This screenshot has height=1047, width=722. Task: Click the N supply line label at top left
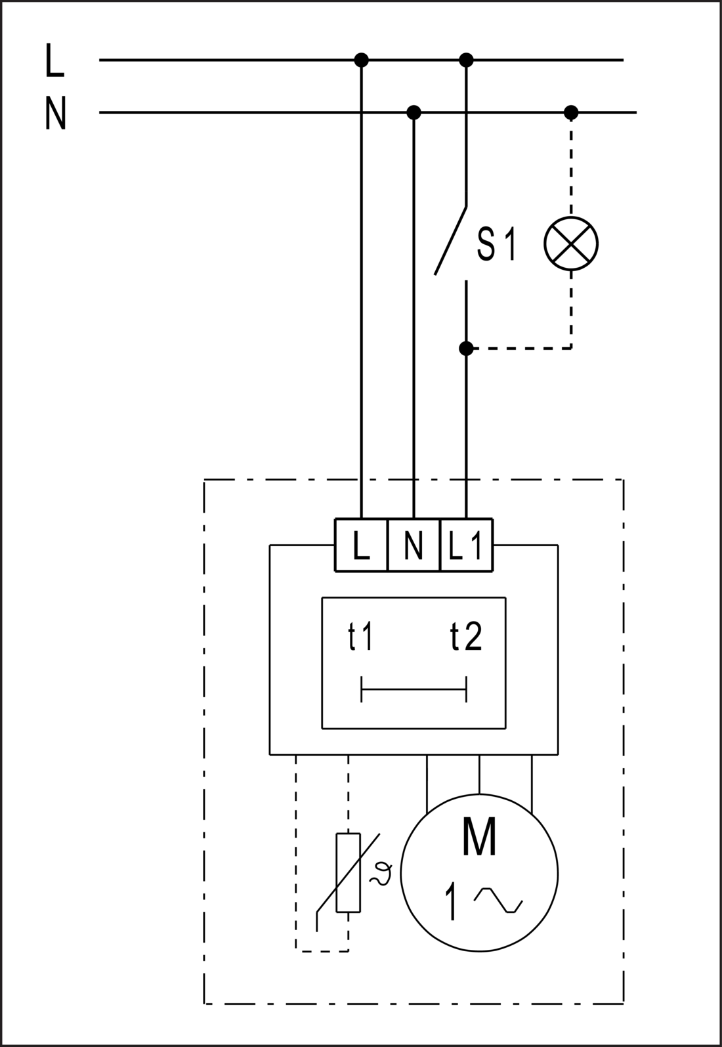click(x=56, y=113)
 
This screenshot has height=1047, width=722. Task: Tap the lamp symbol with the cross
click(x=571, y=243)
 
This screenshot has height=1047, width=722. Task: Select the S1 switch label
click(x=497, y=244)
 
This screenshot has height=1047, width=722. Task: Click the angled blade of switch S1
click(x=450, y=240)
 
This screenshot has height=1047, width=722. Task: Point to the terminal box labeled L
click(x=361, y=545)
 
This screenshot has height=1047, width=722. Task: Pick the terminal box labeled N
click(x=414, y=545)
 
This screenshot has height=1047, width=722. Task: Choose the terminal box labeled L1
click(x=466, y=545)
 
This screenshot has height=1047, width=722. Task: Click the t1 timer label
click(x=360, y=636)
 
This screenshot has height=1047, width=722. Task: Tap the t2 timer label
click(x=466, y=636)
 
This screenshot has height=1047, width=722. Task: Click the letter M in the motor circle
click(x=479, y=836)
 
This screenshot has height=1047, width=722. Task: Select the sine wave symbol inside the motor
click(x=498, y=900)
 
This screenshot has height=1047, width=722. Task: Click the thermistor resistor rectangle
click(x=348, y=872)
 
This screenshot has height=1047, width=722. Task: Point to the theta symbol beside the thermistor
click(x=381, y=872)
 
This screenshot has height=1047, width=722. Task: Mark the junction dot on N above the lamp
click(x=571, y=112)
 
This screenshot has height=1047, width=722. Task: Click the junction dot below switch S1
click(x=466, y=348)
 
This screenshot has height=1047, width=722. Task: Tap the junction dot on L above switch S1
click(x=466, y=60)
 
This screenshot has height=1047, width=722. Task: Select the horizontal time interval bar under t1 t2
click(x=414, y=689)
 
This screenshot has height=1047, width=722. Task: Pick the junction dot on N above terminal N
click(x=414, y=112)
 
